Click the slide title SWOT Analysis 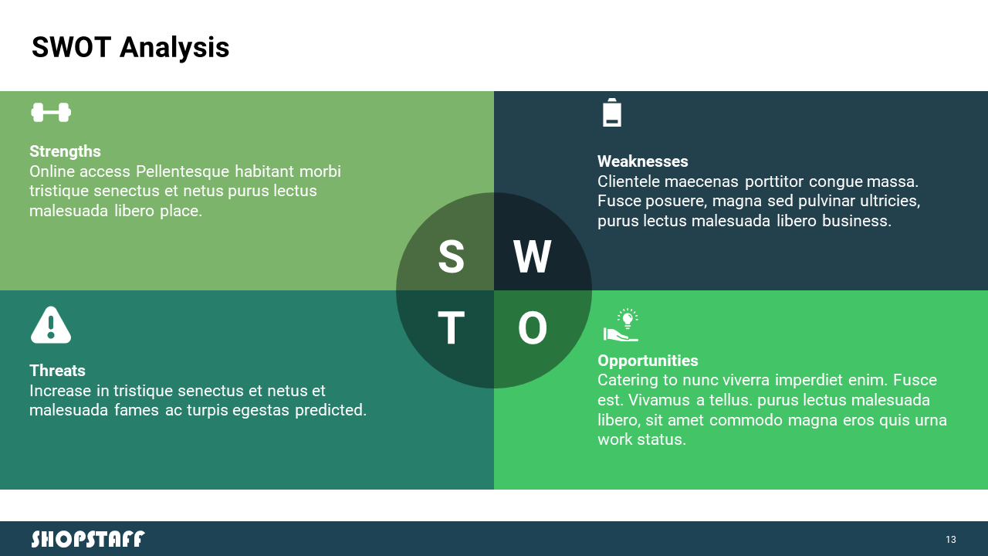[x=130, y=48]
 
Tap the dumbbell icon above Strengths [x=51, y=113]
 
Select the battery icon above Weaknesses [x=612, y=113]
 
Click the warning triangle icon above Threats [x=51, y=325]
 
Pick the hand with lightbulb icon [x=621, y=325]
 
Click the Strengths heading [x=66, y=151]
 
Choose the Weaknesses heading [x=643, y=161]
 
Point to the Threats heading [x=57, y=371]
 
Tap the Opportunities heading [x=648, y=361]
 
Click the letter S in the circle [x=452, y=256]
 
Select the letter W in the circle [x=533, y=256]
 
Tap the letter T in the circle [x=452, y=328]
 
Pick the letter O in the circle [x=533, y=328]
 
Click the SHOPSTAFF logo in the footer [x=88, y=539]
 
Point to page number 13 [x=950, y=539]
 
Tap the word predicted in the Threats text [x=331, y=410]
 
